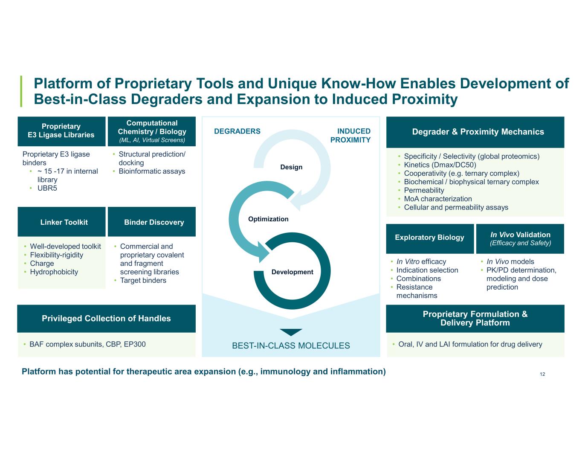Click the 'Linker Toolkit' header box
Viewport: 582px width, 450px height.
click(x=61, y=221)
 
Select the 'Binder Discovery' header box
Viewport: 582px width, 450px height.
click(x=152, y=221)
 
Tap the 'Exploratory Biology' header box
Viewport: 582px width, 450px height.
click(x=430, y=239)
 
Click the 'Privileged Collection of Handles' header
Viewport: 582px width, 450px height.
click(x=106, y=319)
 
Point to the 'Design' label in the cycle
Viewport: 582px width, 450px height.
click(x=291, y=167)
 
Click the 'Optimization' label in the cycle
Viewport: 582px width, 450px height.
click(x=268, y=219)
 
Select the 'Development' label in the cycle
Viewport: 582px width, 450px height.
click(x=292, y=272)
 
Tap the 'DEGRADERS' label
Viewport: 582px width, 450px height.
click(x=237, y=131)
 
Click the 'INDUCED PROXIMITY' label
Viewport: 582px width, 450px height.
click(x=350, y=136)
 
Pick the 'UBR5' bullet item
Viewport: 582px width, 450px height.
click(x=47, y=188)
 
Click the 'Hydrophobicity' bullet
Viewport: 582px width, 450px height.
click(x=54, y=272)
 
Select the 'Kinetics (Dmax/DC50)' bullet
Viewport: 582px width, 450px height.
click(x=440, y=165)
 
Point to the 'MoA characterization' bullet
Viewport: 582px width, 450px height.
click(x=438, y=199)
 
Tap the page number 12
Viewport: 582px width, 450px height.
click(x=542, y=374)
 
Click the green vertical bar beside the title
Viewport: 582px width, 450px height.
click(x=21, y=91)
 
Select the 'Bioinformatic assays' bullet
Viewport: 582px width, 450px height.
click(x=152, y=171)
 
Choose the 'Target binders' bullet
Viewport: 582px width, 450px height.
click(x=143, y=280)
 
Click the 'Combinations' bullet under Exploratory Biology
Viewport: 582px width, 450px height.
click(x=418, y=279)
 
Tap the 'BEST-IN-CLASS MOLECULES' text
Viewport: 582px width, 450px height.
click(x=291, y=345)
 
